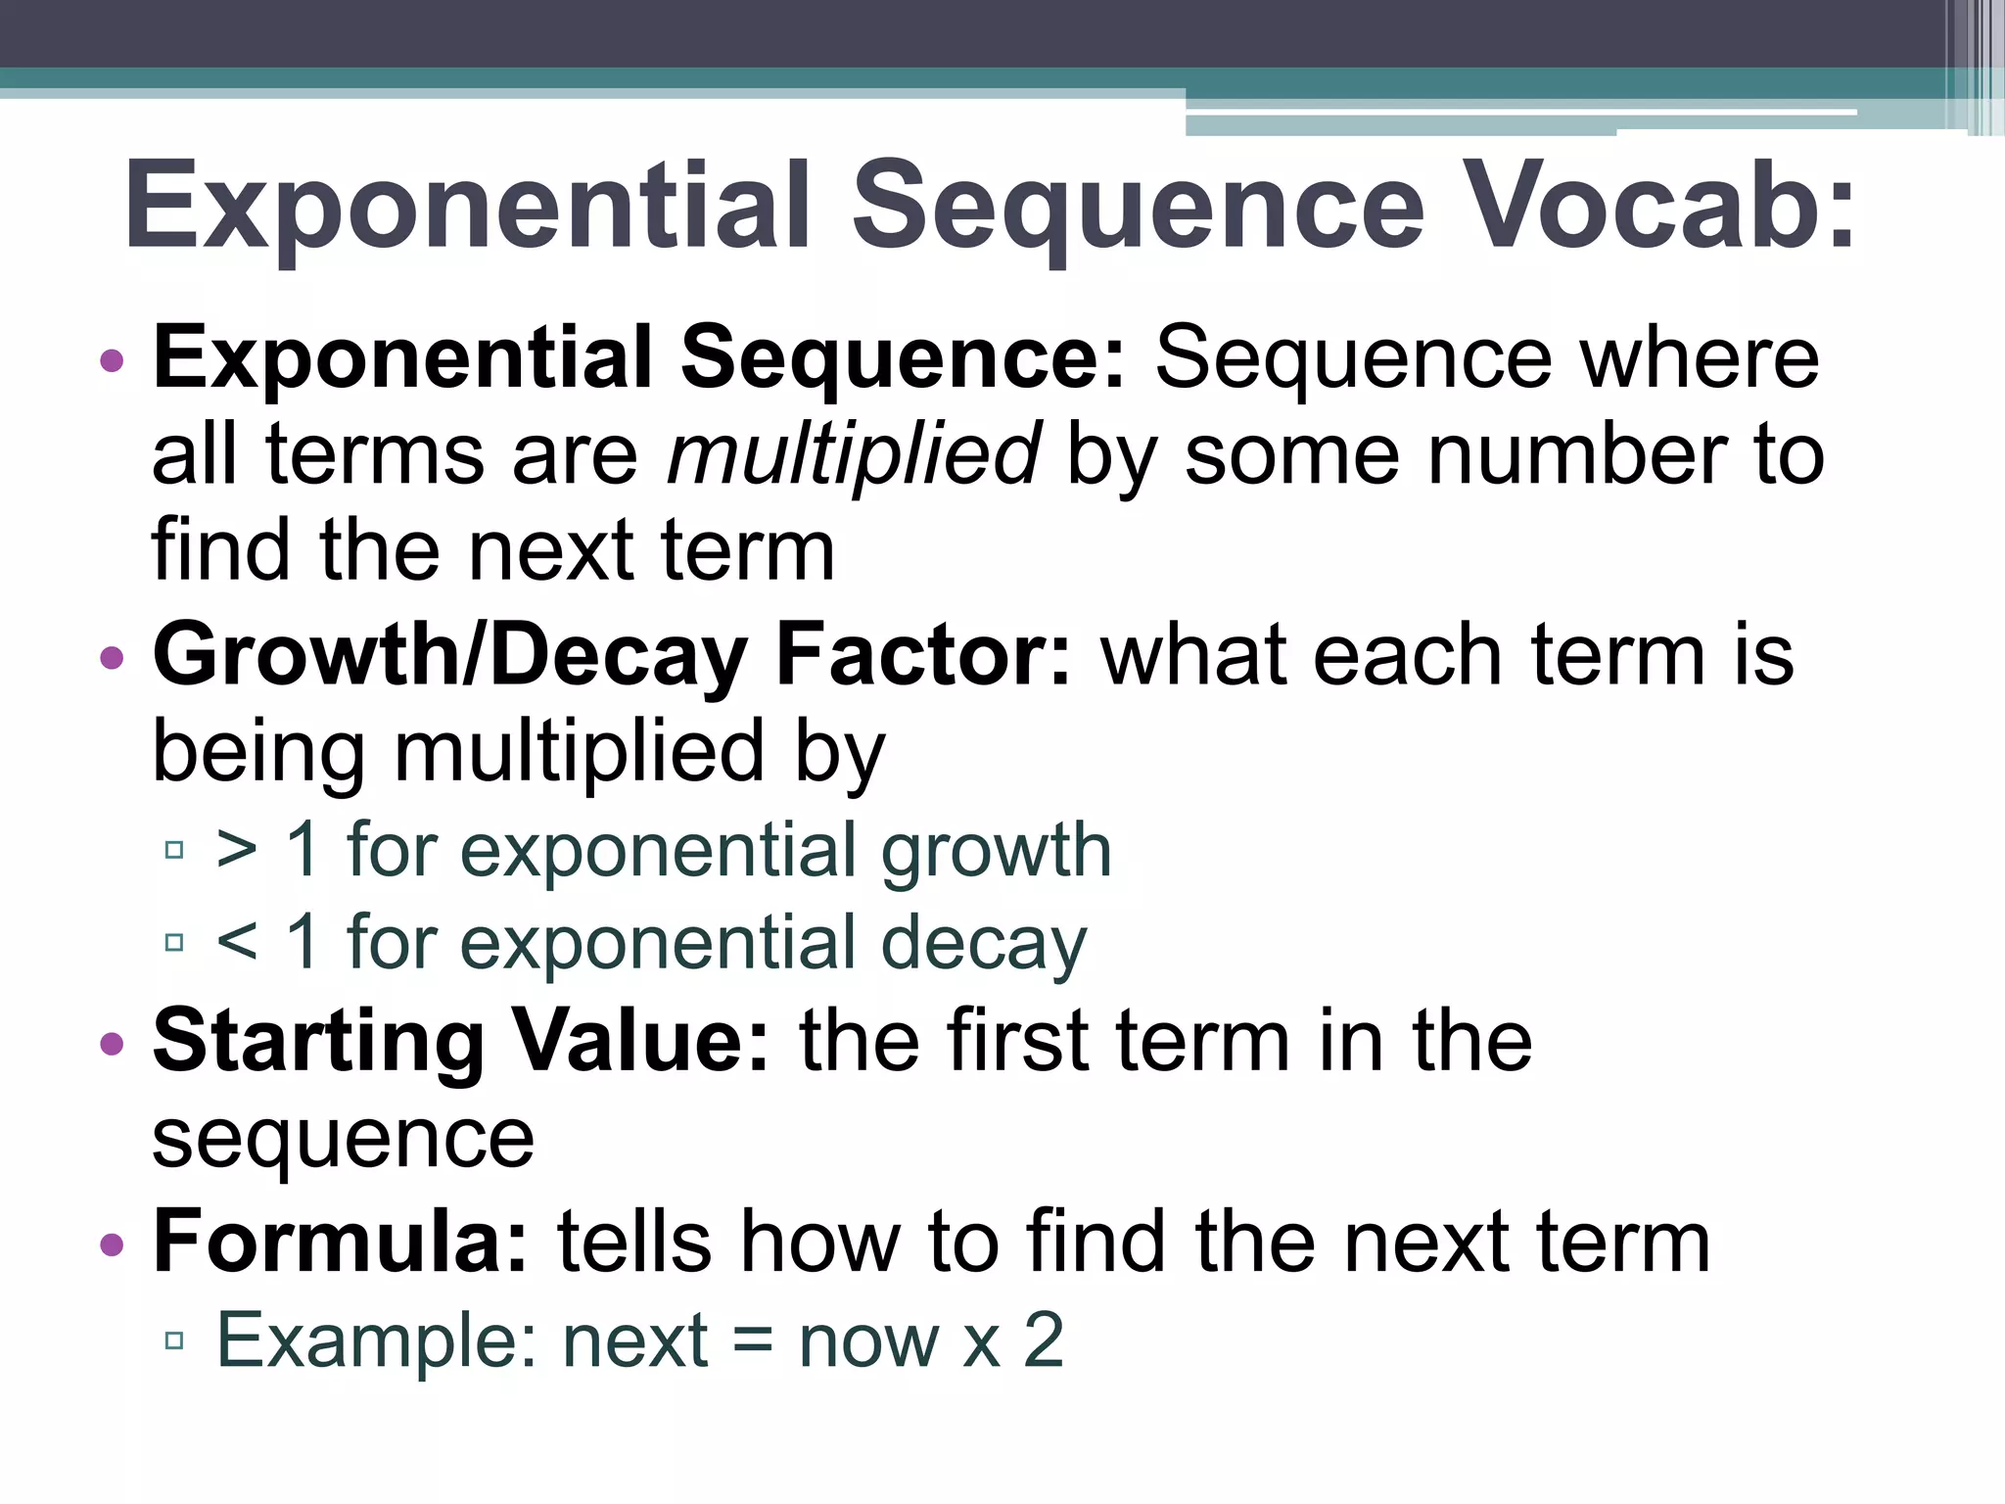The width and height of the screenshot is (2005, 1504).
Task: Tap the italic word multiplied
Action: click(853, 455)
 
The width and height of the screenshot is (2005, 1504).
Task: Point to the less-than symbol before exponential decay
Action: click(237, 942)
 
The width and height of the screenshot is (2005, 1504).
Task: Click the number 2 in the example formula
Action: click(1044, 1339)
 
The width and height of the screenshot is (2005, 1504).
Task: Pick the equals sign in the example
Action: click(752, 1341)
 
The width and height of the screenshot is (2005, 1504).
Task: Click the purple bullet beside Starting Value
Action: click(113, 1044)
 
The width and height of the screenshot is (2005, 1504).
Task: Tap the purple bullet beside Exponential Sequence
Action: click(113, 360)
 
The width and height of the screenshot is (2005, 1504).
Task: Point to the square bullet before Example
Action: click(175, 1340)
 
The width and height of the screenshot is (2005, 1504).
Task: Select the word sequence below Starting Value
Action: click(344, 1140)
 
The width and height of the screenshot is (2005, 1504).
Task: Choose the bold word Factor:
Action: click(923, 656)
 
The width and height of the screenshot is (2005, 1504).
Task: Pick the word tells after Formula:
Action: click(633, 1242)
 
